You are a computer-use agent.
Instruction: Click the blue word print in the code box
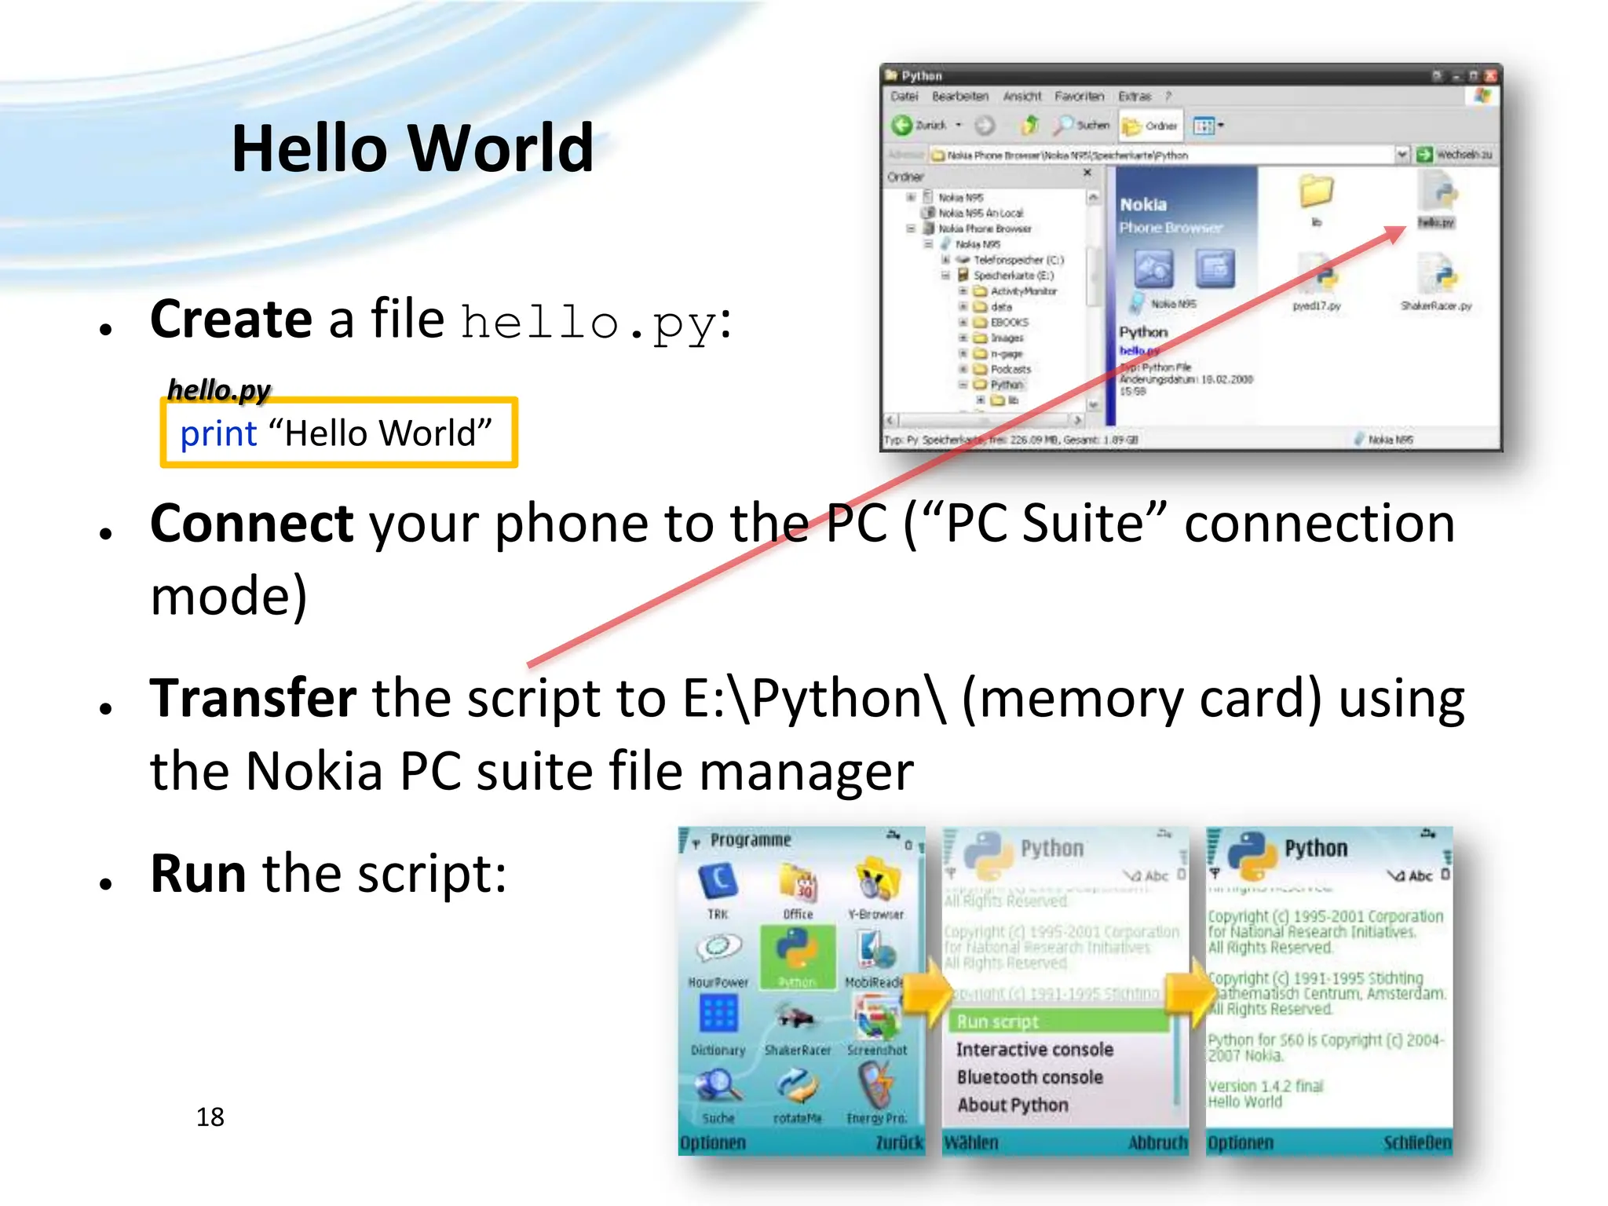coord(218,433)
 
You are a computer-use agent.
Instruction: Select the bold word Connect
coord(251,524)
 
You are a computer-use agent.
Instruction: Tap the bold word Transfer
coord(253,698)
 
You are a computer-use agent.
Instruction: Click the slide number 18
coord(210,1116)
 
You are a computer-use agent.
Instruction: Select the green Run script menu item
coord(997,1021)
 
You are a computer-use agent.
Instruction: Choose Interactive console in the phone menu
coord(1034,1050)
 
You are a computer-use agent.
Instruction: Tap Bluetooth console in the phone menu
coord(1029,1077)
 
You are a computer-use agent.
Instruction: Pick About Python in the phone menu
coord(1012,1105)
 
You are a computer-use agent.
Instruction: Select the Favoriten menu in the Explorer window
coord(1079,96)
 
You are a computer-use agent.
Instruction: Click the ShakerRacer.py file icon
coord(1437,279)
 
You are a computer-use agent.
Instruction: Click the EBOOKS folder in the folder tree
coord(1008,322)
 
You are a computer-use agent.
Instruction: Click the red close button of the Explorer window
coord(1489,76)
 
